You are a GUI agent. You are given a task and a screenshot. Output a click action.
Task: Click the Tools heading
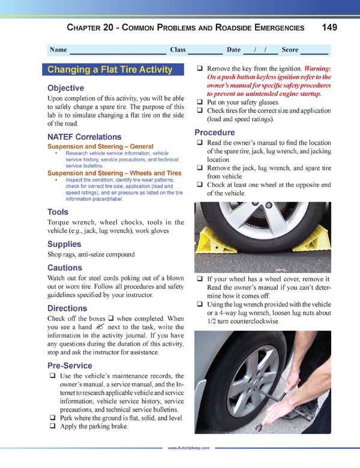pyautogui.click(x=58, y=212)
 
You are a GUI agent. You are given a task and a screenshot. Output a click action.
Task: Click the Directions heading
pyautogui.click(x=67, y=308)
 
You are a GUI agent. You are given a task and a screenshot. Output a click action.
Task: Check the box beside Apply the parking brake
pyautogui.click(x=53, y=428)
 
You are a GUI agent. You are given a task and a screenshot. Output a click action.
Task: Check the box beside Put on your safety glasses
pyautogui.click(x=200, y=103)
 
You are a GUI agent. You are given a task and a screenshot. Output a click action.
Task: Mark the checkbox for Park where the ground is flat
pyautogui.click(x=53, y=418)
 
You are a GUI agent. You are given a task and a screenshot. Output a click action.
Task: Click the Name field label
pyautogui.click(x=58, y=50)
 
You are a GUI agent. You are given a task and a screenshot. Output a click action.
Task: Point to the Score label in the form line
pyautogui.click(x=290, y=50)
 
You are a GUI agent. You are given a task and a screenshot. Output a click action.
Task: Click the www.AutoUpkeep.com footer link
pyautogui.click(x=188, y=448)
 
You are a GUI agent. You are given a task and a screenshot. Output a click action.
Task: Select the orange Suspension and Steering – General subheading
pyautogui.click(x=100, y=146)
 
